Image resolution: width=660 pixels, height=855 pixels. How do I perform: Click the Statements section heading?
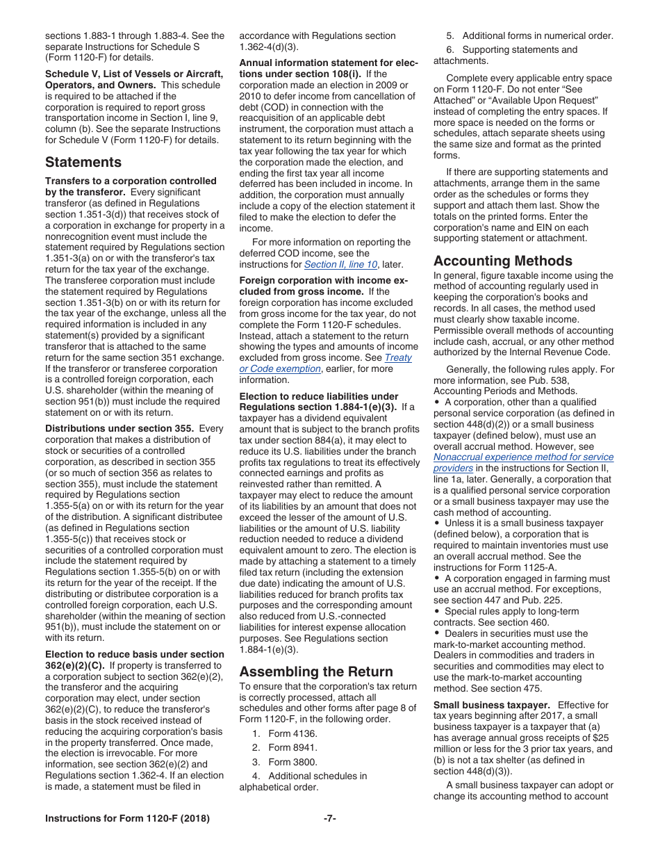click(x=83, y=163)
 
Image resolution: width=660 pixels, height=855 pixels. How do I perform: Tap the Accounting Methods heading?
click(x=503, y=261)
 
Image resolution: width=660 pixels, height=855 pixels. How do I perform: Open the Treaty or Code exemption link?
click(x=325, y=363)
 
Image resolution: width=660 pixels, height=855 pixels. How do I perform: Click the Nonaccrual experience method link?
click(x=523, y=462)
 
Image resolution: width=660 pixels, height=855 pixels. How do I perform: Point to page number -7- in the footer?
click(x=330, y=818)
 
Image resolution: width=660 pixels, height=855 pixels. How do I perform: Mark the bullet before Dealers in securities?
click(x=437, y=633)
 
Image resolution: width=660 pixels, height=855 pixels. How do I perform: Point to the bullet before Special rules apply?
click(x=437, y=612)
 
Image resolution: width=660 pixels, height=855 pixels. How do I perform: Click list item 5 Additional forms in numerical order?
click(x=529, y=35)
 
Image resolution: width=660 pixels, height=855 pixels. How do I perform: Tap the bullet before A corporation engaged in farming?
click(x=437, y=578)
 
